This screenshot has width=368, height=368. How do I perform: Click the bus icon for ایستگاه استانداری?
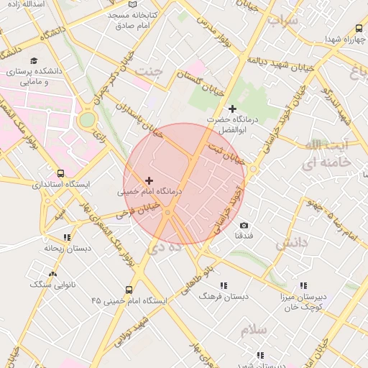click(x=60, y=173)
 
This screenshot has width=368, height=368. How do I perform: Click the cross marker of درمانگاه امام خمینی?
click(x=149, y=181)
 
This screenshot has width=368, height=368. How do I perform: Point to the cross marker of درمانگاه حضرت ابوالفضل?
click(x=231, y=109)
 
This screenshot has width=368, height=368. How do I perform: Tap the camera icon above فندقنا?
click(x=244, y=226)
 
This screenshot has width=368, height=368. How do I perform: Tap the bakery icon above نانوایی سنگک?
click(x=52, y=274)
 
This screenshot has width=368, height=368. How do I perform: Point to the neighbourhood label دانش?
click(x=291, y=244)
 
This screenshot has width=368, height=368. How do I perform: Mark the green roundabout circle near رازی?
click(x=87, y=119)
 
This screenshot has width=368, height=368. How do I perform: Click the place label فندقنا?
click(x=244, y=236)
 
